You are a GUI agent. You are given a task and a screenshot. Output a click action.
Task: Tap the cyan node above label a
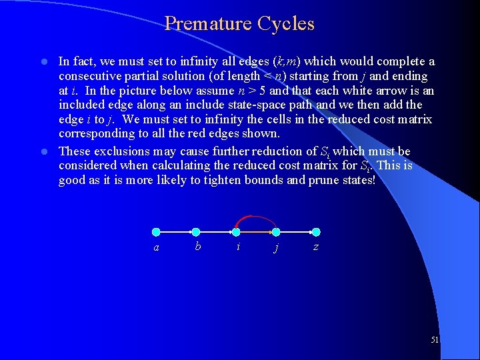click(156, 232)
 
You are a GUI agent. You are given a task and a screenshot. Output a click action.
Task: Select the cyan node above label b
click(196, 232)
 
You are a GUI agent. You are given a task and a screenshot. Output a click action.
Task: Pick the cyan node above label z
click(316, 232)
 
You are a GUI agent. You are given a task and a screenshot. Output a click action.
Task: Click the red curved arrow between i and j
click(255, 220)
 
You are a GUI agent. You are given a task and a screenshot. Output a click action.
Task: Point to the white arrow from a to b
click(176, 232)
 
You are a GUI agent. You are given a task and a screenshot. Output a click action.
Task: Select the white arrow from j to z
click(296, 232)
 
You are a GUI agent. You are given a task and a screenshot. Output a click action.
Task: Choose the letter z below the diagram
click(315, 247)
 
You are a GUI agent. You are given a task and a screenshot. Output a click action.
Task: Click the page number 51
click(435, 340)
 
